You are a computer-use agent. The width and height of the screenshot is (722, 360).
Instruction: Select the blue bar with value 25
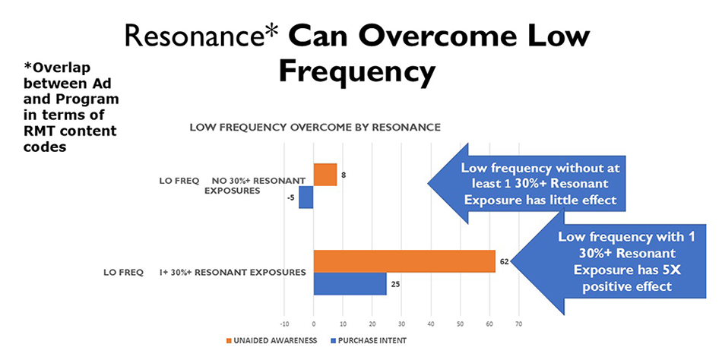pyautogui.click(x=350, y=284)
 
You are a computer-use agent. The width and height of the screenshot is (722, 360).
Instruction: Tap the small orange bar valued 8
pyautogui.click(x=325, y=175)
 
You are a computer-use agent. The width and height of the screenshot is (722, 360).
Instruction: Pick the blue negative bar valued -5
pyautogui.click(x=306, y=197)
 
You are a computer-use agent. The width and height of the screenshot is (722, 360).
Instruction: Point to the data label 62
pyautogui.click(x=504, y=261)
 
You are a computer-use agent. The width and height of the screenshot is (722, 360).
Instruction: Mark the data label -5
pyautogui.click(x=291, y=198)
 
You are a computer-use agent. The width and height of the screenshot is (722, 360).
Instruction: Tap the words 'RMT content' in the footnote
pyautogui.click(x=65, y=131)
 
